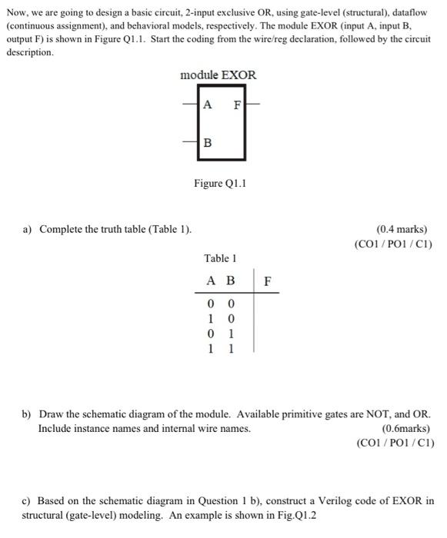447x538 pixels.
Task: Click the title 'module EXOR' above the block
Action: pyautogui.click(x=218, y=75)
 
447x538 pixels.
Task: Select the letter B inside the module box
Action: pyautogui.click(x=208, y=143)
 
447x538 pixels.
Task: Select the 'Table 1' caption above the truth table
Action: pyautogui.click(x=219, y=258)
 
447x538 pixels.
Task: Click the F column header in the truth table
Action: pyautogui.click(x=267, y=281)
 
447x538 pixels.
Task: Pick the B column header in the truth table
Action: pyautogui.click(x=229, y=281)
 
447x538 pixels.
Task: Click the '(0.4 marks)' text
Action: pyautogui.click(x=401, y=229)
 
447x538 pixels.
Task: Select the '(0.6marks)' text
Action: pyautogui.click(x=406, y=428)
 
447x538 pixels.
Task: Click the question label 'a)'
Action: pyautogui.click(x=27, y=229)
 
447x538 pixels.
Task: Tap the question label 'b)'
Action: pyautogui.click(x=27, y=413)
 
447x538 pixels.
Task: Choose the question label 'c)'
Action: pyautogui.click(x=26, y=500)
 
